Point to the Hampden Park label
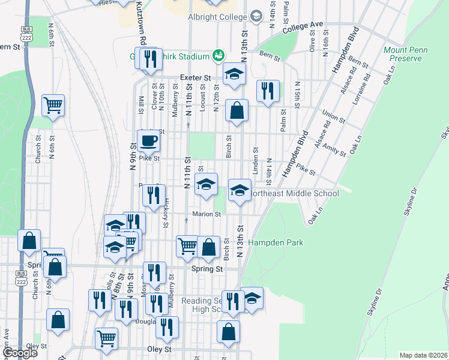276,242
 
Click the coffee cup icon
148,141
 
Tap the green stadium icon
218,56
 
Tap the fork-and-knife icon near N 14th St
267,91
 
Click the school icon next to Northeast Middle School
240,190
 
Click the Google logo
19,353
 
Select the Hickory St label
166,214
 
